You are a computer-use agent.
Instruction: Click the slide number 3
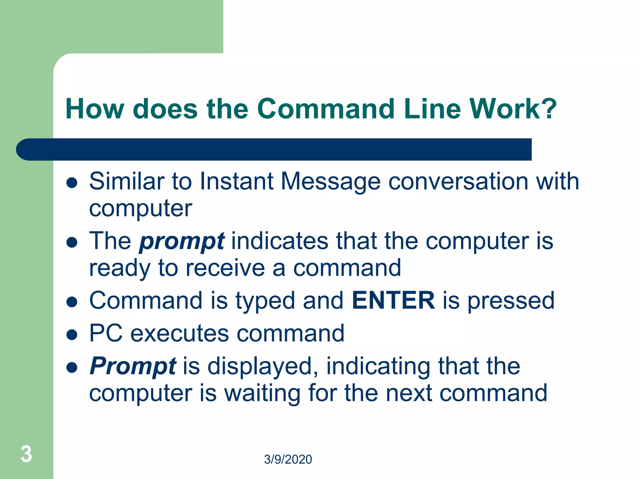coord(26,454)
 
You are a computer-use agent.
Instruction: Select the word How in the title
coord(95,109)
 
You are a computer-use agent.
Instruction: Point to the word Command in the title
coord(326,109)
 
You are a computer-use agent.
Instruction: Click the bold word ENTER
coord(393,300)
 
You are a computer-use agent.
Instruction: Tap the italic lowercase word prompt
coord(182,242)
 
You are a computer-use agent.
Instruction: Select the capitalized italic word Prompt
coord(133,366)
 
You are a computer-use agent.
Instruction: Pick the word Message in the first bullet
coord(331,182)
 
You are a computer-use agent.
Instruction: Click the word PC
coord(106,333)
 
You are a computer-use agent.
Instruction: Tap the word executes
coord(179,333)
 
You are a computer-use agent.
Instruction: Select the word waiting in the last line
coord(262,393)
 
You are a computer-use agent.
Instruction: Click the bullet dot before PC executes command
coord(72,335)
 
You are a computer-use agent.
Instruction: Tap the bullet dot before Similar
coord(72,183)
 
